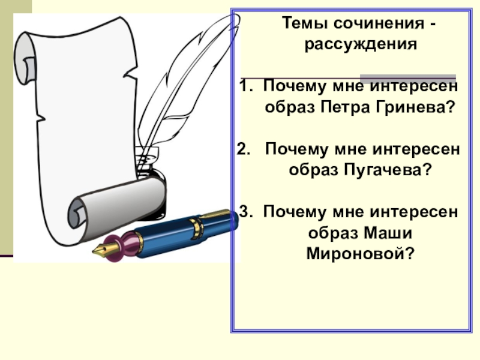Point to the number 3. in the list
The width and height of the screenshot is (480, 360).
[247, 212]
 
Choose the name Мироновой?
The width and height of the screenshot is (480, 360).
[359, 254]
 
